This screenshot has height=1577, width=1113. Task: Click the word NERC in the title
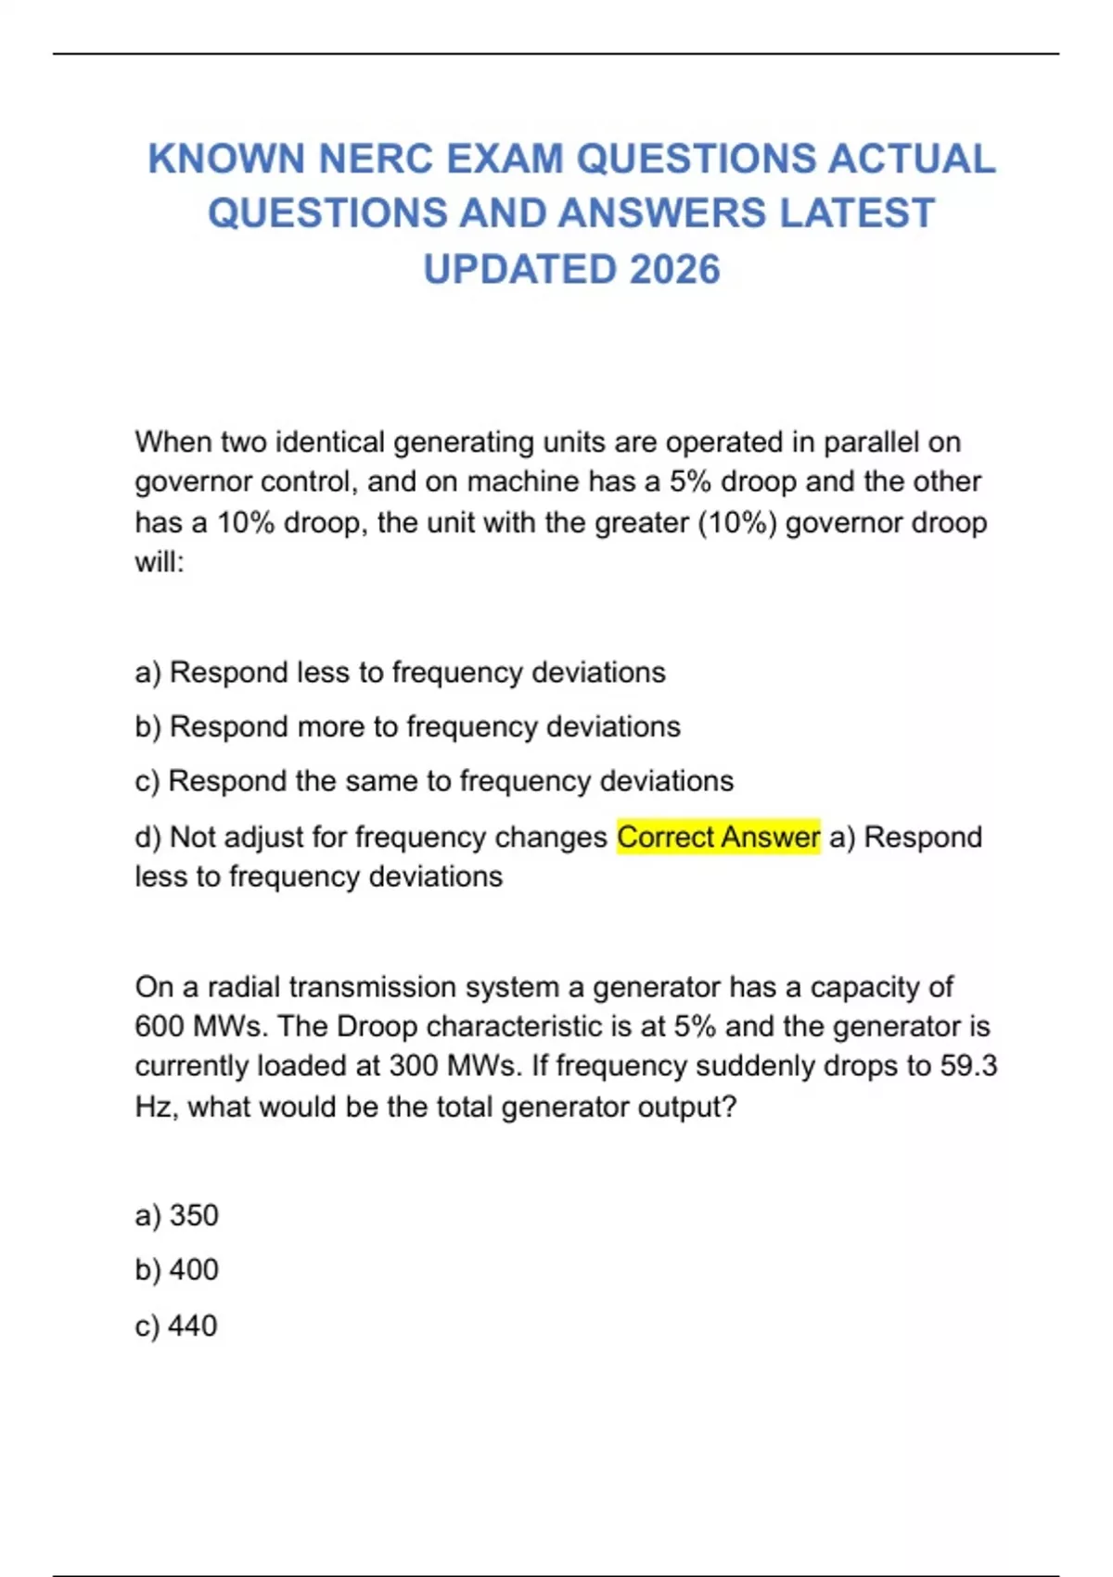point(376,159)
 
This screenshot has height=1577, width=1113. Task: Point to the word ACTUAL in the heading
point(911,159)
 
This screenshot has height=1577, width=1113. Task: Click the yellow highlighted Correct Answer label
point(718,837)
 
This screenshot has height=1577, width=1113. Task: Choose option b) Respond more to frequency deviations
point(407,726)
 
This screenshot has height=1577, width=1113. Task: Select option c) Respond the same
point(433,781)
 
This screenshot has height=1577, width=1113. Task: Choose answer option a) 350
point(176,1215)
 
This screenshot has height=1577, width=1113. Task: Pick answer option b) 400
point(176,1269)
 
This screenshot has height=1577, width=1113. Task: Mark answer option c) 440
point(176,1326)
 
